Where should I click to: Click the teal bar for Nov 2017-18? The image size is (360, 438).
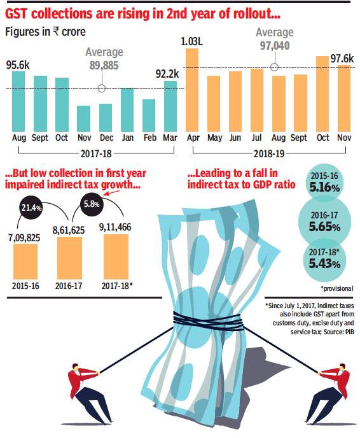click(83, 118)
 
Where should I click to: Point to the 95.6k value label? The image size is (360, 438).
click(17, 64)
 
